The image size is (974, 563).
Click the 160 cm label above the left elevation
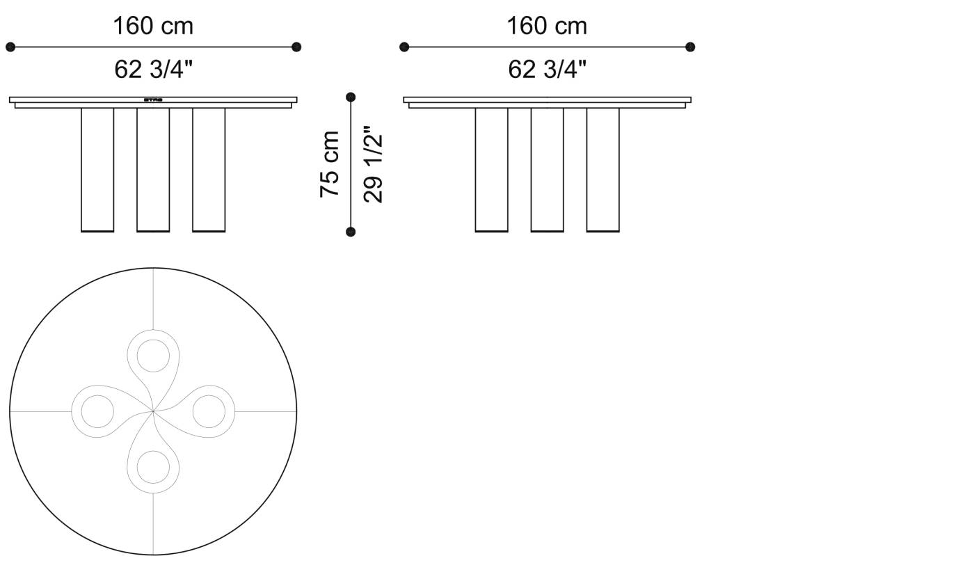point(153,26)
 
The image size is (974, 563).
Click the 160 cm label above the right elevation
point(547,26)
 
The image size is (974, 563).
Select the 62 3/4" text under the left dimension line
point(153,70)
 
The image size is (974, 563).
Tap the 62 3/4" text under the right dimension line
point(547,70)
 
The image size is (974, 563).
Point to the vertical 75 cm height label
point(330,164)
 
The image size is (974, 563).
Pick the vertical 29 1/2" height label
point(374,164)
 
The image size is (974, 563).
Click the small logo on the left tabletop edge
point(153,100)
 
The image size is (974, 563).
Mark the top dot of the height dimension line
point(351,97)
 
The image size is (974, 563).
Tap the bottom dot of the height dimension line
point(351,232)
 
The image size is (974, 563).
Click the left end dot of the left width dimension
point(10,47)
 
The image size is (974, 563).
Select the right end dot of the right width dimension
point(690,47)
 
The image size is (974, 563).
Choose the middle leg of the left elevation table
point(153,169)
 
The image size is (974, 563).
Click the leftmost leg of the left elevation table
point(97,169)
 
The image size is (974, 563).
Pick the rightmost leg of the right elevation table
point(602,169)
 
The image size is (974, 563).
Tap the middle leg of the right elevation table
point(547,169)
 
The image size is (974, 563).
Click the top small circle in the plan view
point(153,356)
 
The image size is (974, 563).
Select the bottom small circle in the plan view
point(153,466)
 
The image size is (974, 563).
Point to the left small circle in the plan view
point(97,411)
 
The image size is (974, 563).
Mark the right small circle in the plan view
point(209,411)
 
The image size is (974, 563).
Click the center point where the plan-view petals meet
point(153,411)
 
